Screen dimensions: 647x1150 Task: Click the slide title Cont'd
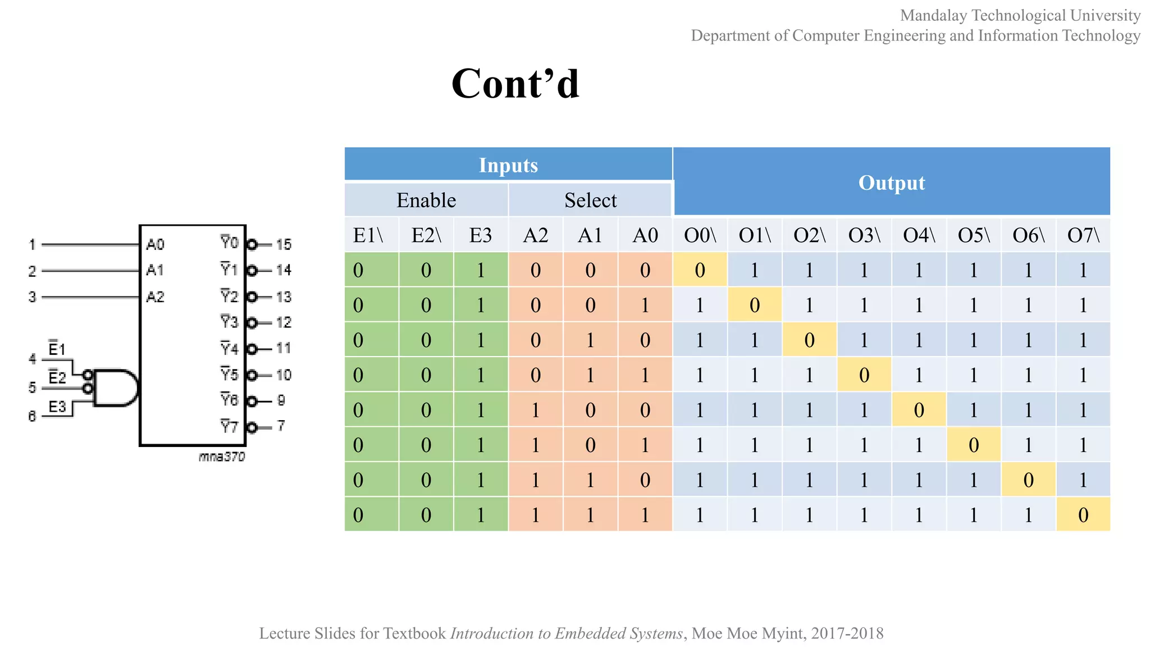[x=515, y=84]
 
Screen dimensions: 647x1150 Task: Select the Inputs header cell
[x=508, y=165]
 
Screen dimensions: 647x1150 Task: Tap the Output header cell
[x=891, y=183]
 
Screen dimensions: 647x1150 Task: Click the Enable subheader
[x=426, y=200]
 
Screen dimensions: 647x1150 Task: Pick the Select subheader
[x=590, y=200]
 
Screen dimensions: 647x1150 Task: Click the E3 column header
[x=481, y=235]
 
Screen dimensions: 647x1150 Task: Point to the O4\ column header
[x=919, y=235]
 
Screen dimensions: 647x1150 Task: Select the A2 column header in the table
[x=535, y=235]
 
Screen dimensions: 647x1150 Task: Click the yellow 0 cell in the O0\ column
[x=700, y=270]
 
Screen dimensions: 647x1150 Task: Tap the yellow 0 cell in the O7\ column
[x=1083, y=514]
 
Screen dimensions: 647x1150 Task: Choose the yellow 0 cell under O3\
[x=864, y=375]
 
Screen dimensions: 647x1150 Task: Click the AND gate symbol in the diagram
[x=116, y=388]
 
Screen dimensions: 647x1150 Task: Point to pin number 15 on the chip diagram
[x=284, y=244]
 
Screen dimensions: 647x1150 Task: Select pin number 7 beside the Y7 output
[x=281, y=426]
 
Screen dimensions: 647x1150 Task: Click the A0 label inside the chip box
[x=155, y=244]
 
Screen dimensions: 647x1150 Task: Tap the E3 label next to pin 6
[x=57, y=406]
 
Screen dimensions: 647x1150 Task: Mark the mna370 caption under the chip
[x=222, y=457]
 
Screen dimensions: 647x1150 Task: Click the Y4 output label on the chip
[x=229, y=349]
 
